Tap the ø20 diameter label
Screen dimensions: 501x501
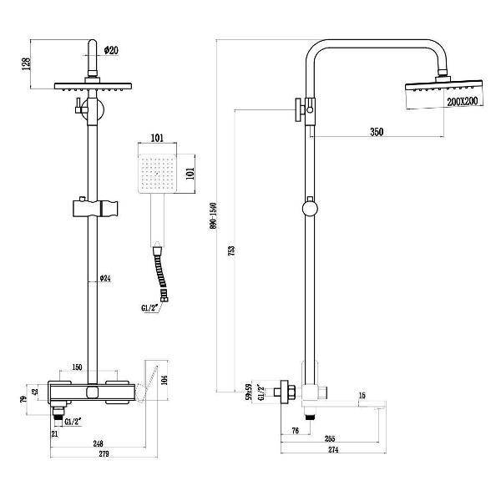tap(110, 50)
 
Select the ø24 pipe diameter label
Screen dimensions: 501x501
tap(104, 278)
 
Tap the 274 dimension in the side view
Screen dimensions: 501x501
tap(332, 450)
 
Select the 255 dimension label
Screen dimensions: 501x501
tap(331, 438)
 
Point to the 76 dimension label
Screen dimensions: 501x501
tap(296, 431)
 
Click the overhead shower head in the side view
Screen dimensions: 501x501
tap(443, 86)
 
